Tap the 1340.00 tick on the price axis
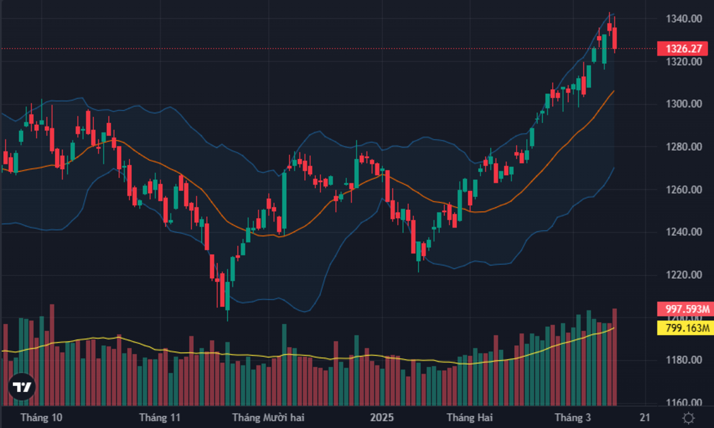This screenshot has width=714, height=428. pos(684,18)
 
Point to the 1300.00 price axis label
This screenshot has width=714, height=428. pos(684,104)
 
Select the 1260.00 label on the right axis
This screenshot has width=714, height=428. pos(684,190)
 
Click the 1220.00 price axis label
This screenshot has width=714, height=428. pos(684,274)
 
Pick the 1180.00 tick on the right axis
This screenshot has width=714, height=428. pos(684,360)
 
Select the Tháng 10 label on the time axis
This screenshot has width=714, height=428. pos(41,418)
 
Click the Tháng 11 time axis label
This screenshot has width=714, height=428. pos(160,418)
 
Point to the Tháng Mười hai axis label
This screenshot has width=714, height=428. pos(268,418)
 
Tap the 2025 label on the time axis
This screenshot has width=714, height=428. pos(381,418)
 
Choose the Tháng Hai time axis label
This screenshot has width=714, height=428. pos(469,418)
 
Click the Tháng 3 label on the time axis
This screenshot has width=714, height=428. pos(573,418)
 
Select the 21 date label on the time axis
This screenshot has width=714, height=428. pos(645,418)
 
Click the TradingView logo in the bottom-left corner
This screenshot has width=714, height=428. pos(21,387)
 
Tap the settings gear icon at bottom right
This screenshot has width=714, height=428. pos(688,418)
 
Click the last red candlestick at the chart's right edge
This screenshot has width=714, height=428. pos(615,38)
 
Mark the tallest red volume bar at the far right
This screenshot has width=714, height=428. pos(615,357)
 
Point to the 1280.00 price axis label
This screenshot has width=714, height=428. pos(684,147)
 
